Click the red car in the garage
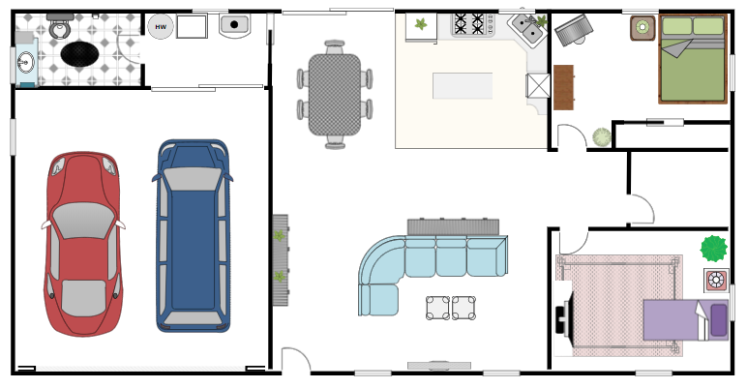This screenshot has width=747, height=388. [x=84, y=244]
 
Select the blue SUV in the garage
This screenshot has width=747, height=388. [x=193, y=236]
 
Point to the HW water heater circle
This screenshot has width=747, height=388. [x=161, y=27]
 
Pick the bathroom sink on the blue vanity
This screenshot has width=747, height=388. [x=24, y=65]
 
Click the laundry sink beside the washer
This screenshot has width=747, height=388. [x=233, y=25]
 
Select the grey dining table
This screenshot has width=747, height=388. [x=334, y=94]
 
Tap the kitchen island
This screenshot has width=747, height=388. [x=462, y=86]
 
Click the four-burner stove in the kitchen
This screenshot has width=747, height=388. [x=471, y=23]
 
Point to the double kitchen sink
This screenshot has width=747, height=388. [x=527, y=31]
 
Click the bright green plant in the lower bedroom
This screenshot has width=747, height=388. [x=714, y=249]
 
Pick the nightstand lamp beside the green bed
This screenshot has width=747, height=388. [x=642, y=28]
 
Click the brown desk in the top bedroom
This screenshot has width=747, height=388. [x=563, y=87]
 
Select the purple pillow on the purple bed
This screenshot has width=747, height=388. [x=718, y=320]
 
